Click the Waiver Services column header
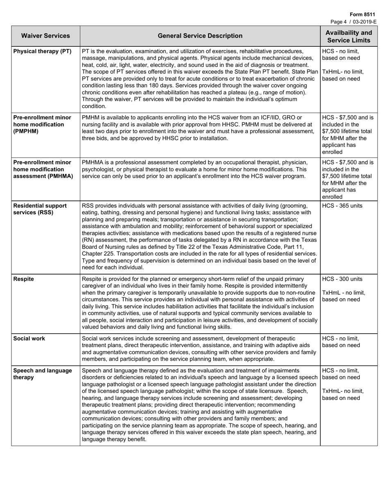click(45, 36)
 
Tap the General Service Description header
click(200, 36)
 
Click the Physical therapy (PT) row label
click(43, 51)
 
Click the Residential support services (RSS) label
click(40, 209)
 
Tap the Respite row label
click(24, 279)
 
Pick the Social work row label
click(29, 338)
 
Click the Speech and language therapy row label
click(43, 374)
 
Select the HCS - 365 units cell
click(342, 206)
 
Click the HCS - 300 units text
click(342, 279)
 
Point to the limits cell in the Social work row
click(341, 342)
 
